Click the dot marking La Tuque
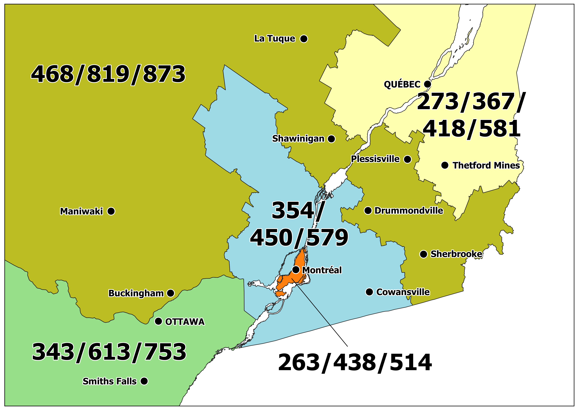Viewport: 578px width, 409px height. tap(304, 39)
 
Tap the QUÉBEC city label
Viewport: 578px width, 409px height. tap(402, 84)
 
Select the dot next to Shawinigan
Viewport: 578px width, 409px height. tap(331, 139)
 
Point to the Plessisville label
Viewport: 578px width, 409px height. tap(375, 159)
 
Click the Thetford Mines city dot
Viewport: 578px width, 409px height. tap(445, 165)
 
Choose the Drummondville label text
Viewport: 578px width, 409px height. tap(409, 211)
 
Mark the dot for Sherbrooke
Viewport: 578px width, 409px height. tap(423, 254)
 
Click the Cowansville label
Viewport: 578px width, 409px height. tap(403, 292)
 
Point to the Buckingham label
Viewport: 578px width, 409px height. tap(136, 293)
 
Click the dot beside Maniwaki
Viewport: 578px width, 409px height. tap(111, 211)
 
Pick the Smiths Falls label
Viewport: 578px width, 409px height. tap(109, 381)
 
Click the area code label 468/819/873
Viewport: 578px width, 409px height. tap(108, 74)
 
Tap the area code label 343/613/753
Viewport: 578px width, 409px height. tap(109, 352)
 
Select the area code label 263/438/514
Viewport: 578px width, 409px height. tap(355, 363)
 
